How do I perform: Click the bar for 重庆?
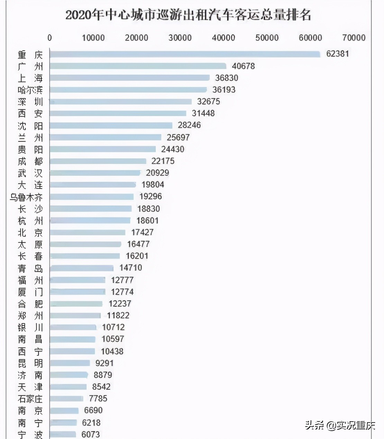click(185, 54)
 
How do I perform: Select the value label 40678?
click(243, 66)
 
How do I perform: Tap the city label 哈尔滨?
click(30, 90)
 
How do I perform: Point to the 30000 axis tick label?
click(180, 38)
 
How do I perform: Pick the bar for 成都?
click(98, 161)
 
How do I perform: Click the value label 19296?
click(150, 196)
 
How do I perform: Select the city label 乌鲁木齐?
click(26, 197)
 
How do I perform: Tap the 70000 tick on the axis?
click(354, 38)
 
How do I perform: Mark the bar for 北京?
click(88, 232)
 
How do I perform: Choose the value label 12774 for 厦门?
click(122, 292)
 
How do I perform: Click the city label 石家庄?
click(30, 399)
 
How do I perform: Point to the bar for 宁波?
click(63, 434)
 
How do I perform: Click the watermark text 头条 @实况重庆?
click(340, 425)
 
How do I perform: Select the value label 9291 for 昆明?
click(104, 363)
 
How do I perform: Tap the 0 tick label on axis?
click(49, 38)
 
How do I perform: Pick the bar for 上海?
click(130, 78)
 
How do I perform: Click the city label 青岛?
click(30, 268)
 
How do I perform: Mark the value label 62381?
click(337, 54)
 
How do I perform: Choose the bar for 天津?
click(68, 387)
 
